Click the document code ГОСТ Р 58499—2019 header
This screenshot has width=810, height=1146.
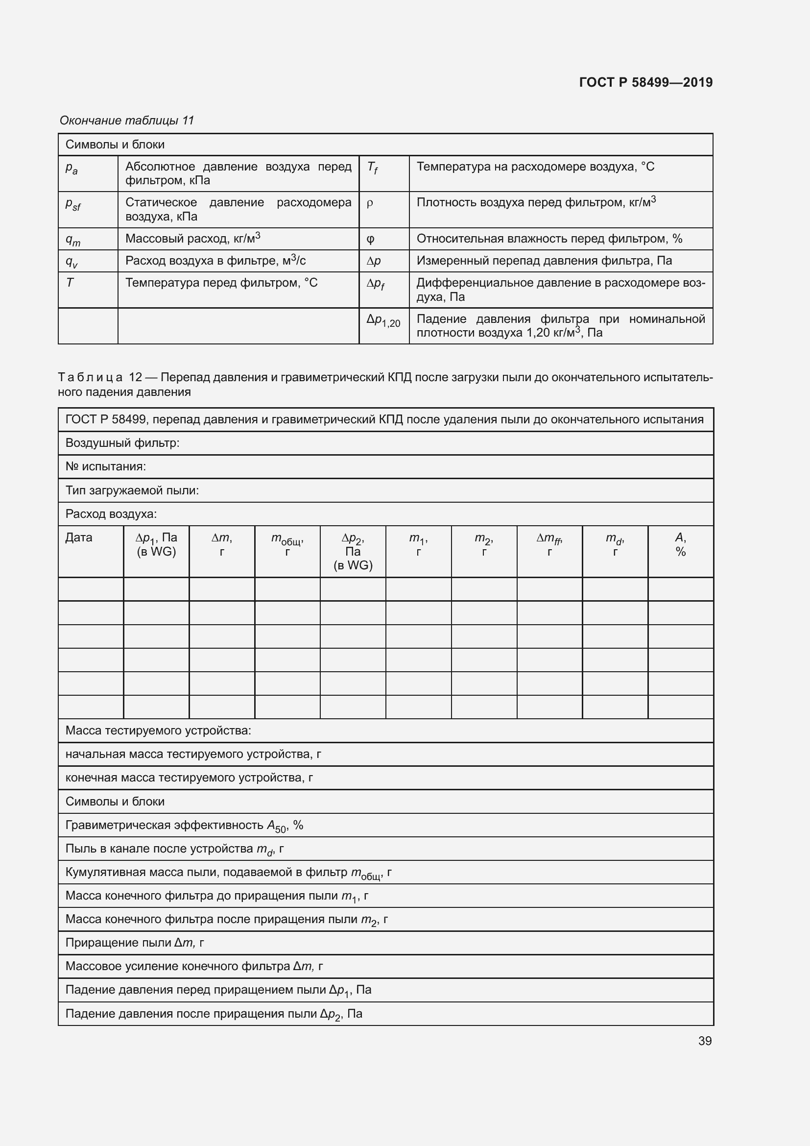tap(645, 82)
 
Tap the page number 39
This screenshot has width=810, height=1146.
tap(704, 1041)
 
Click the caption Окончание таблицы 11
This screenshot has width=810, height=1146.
tap(127, 121)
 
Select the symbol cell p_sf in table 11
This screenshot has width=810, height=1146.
tap(73, 204)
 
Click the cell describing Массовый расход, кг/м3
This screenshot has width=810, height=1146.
tap(192, 239)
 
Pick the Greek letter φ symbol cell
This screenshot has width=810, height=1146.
tap(370, 239)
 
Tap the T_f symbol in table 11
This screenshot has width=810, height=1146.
tap(373, 167)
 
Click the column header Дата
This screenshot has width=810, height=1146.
tap(79, 537)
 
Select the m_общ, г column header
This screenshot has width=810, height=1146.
tap(287, 544)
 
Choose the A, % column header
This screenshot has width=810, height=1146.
tap(680, 544)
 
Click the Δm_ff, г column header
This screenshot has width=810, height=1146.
tap(549, 544)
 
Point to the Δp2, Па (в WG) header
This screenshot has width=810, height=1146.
tap(353, 551)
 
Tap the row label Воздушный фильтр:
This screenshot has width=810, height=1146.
tap(122, 443)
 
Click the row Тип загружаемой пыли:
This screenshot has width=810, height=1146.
tap(132, 490)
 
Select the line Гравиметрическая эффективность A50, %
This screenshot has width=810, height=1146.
tap(184, 826)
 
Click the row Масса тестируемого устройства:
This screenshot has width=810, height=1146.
tap(158, 730)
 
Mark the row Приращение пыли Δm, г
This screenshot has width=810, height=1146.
tap(135, 942)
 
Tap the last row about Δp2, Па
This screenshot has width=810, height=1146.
tap(214, 1014)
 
